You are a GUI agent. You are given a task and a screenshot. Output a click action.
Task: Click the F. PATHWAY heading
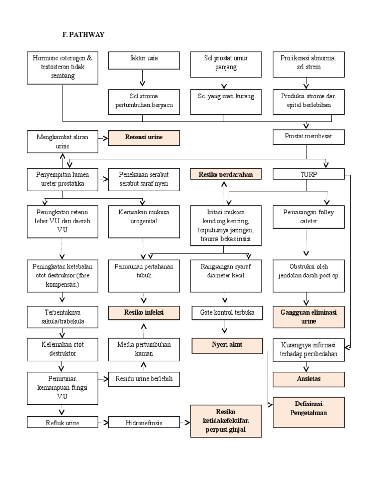coord(84,35)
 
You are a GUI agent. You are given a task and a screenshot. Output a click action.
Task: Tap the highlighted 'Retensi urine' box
coord(144,138)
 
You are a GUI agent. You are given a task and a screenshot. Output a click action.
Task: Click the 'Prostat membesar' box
coord(308,138)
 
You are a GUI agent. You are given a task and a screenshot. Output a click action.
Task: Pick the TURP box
coord(308,174)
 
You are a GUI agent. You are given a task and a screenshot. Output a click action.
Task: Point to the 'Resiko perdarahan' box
coord(226,174)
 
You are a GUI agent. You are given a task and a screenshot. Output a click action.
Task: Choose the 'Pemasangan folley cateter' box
coord(308,217)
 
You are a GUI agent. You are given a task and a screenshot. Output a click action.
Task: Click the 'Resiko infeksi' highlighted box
coord(144,313)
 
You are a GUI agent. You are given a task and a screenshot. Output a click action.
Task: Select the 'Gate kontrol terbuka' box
coord(226,313)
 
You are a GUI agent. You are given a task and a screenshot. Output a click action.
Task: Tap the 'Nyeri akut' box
coord(226,345)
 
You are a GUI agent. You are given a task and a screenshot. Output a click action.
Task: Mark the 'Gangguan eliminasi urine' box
coord(308,317)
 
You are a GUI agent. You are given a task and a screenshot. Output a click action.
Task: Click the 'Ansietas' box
coord(308,379)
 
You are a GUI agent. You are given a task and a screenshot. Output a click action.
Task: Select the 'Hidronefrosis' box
coord(144,423)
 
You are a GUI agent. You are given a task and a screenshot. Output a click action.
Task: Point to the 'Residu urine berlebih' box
coord(144,380)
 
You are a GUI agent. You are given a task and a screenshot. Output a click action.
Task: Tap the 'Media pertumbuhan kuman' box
coord(144,349)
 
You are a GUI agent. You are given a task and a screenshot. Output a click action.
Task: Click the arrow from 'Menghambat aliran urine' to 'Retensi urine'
coord(102,138)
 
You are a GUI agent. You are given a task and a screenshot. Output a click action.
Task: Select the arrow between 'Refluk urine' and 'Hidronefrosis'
coord(102,423)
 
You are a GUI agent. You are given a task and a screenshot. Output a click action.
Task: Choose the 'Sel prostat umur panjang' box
coord(226,64)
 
